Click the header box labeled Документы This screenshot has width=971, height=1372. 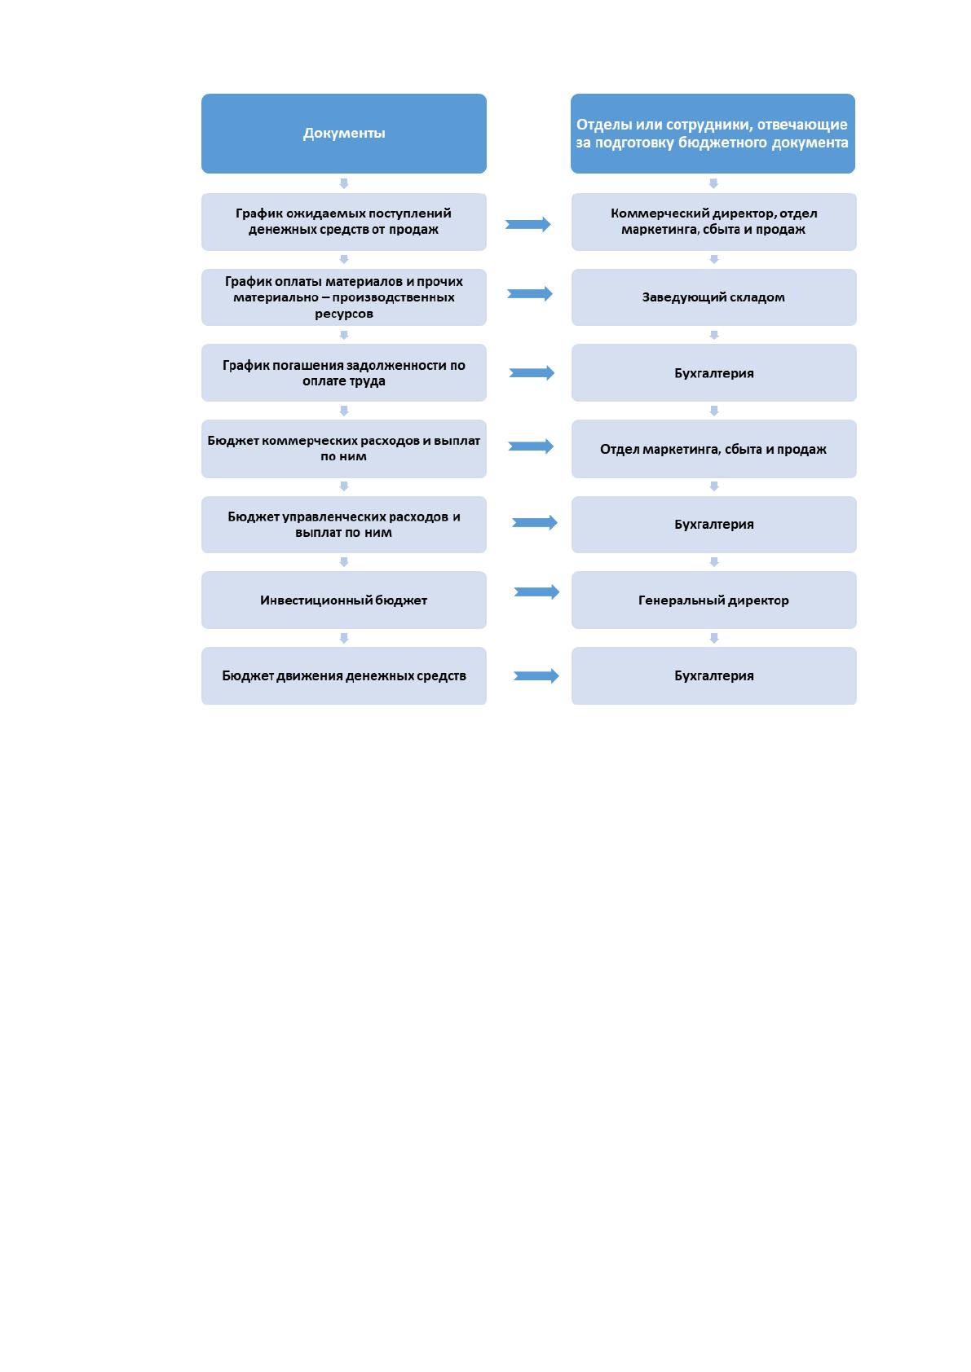point(343,133)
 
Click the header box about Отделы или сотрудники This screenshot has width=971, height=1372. point(713,133)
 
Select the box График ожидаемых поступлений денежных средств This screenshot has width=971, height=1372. point(343,222)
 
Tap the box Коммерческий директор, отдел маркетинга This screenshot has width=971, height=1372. point(713,222)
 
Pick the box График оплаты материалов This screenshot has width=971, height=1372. point(343,297)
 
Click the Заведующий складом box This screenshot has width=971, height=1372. point(713,297)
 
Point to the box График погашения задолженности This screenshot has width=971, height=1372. point(343,372)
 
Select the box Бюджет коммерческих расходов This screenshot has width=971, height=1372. point(343,448)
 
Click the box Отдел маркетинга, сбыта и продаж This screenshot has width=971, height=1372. point(713,448)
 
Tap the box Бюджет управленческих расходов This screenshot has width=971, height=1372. point(343,525)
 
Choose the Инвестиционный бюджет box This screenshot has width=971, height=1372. point(343,600)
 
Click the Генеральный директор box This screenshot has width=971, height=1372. point(713,600)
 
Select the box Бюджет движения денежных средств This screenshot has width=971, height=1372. point(343,675)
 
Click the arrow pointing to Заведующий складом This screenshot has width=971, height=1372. point(530,293)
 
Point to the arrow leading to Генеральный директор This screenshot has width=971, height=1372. point(536,591)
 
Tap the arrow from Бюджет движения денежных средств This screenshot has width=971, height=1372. point(536,675)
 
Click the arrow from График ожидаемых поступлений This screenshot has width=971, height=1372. point(527,224)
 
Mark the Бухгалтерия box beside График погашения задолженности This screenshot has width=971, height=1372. point(713,372)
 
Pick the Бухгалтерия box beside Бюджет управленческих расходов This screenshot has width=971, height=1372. point(713,525)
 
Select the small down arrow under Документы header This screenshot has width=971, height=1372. point(344,183)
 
